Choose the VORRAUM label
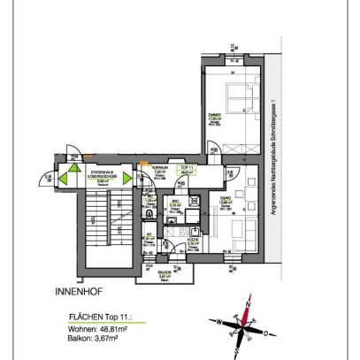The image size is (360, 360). pos(160,167)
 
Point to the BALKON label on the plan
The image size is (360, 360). pos(163,273)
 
